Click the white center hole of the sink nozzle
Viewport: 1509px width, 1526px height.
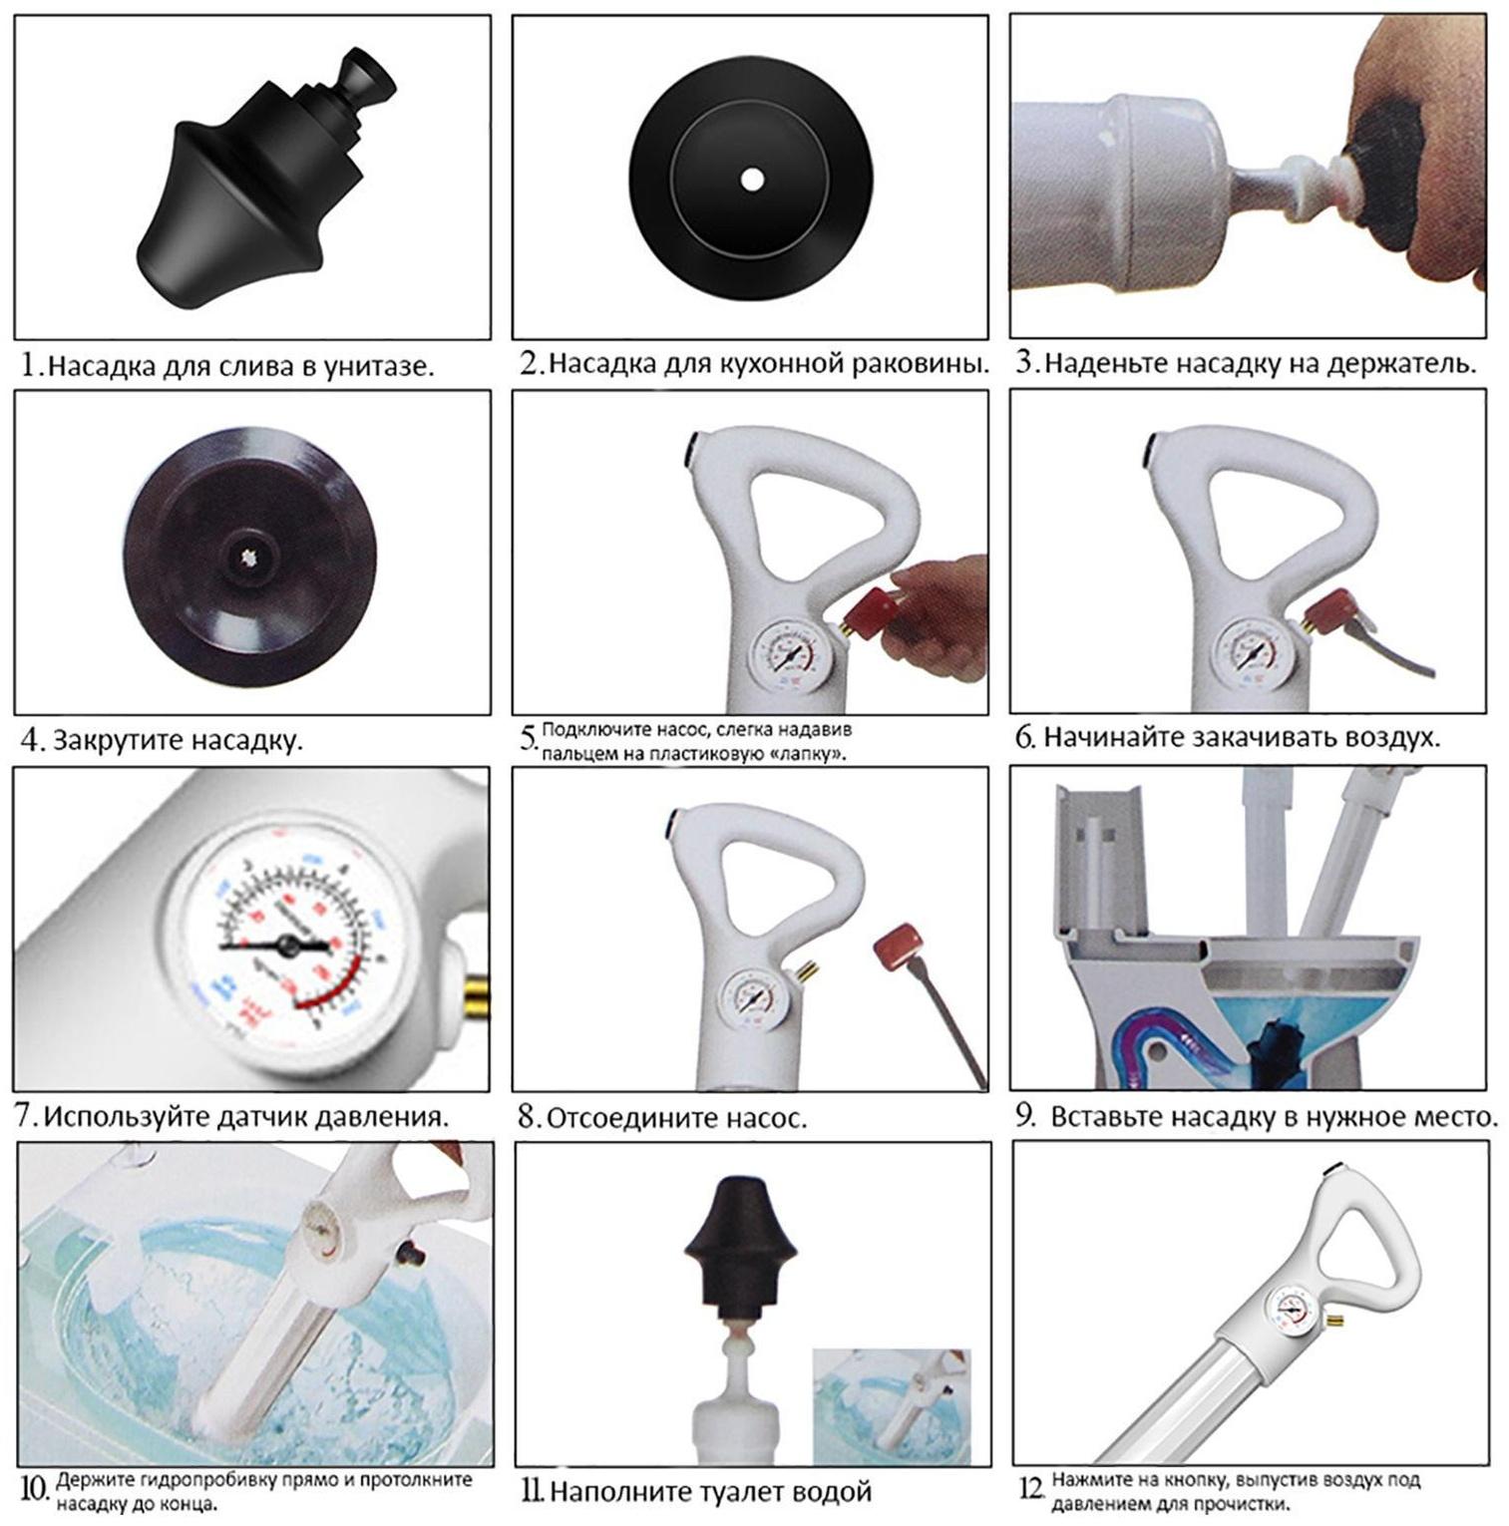[x=750, y=179]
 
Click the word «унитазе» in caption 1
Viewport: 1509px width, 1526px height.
[x=378, y=366]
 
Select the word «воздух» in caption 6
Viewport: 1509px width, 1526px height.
[x=1390, y=738]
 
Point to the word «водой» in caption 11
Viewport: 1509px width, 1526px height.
[x=831, y=1493]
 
